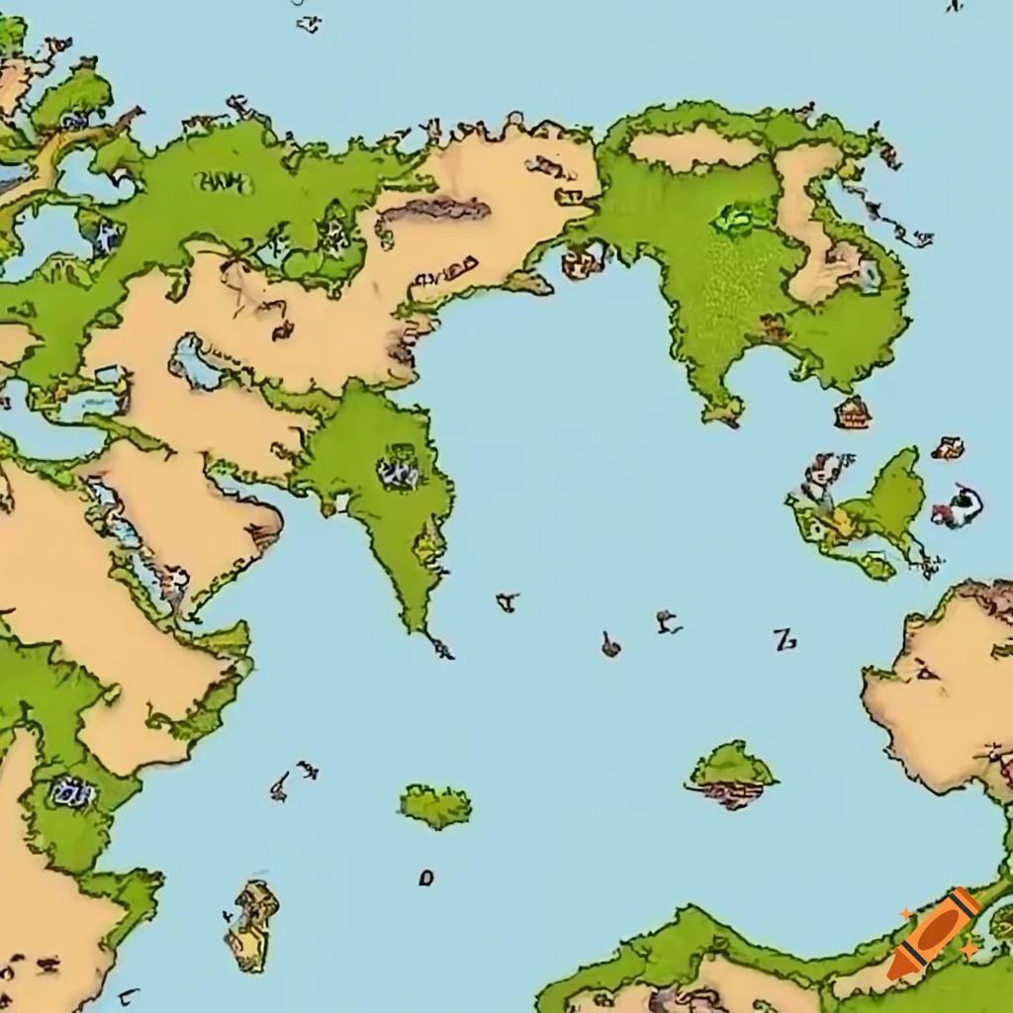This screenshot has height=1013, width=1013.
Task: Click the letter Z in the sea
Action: [x=784, y=640]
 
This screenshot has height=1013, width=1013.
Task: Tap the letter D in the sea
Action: [x=426, y=876]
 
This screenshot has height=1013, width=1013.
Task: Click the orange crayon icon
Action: [x=932, y=934]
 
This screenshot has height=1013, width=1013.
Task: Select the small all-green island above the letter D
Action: [x=435, y=806]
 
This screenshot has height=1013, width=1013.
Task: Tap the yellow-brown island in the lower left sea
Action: [x=251, y=924]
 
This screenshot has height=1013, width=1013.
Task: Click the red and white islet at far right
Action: [x=957, y=507]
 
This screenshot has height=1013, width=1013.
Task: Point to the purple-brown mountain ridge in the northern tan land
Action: [x=435, y=209]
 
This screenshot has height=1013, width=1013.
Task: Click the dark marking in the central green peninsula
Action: [x=400, y=467]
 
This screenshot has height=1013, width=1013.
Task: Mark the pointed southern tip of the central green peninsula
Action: [x=439, y=649]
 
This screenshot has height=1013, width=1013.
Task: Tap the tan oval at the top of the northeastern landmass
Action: [x=692, y=147]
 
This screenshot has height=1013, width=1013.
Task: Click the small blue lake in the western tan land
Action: [x=195, y=363]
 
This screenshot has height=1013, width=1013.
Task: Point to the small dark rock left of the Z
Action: [x=611, y=646]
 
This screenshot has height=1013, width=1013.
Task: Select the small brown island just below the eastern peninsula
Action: [x=852, y=413]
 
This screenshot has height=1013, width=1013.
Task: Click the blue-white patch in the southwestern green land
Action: [x=71, y=791]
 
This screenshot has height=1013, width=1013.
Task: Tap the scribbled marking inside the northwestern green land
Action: [x=224, y=181]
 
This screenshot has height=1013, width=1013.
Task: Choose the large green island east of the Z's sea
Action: [x=871, y=514]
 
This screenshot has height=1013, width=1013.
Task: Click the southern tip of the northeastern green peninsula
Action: [x=727, y=415]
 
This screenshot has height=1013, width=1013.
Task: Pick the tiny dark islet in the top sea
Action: [x=309, y=23]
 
